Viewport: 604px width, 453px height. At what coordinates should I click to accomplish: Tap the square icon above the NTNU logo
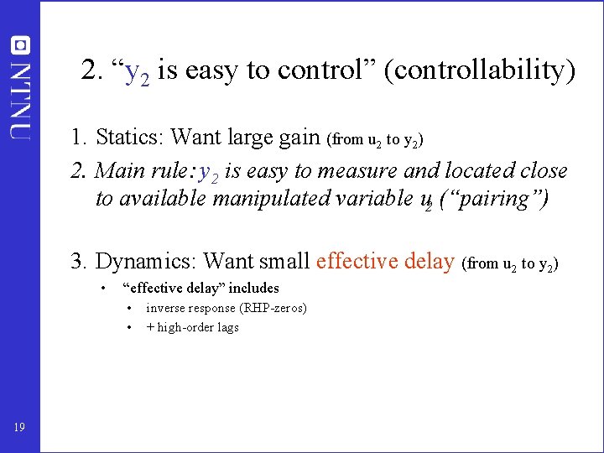(19, 45)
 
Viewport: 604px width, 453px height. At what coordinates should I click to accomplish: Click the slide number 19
(19, 428)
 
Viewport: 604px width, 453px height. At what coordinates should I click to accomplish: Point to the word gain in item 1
(298, 137)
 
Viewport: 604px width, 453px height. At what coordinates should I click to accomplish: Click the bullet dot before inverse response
(130, 308)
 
